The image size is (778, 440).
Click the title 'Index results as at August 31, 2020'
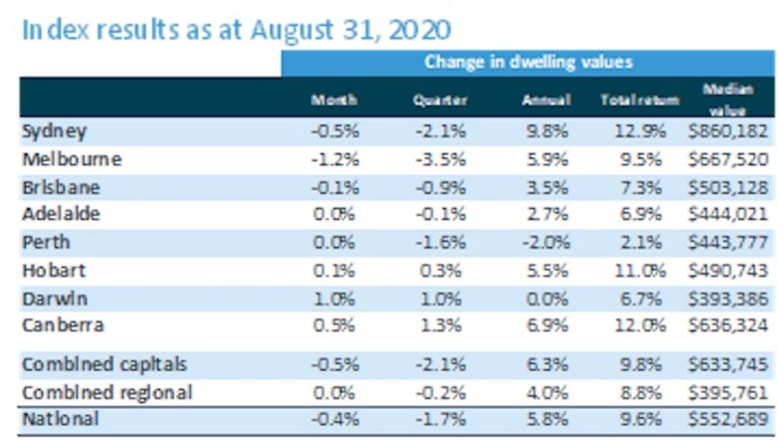236,30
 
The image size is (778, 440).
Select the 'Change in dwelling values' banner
528,62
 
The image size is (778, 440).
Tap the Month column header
334,100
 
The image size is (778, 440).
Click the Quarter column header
440,100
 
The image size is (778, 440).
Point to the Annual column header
546,100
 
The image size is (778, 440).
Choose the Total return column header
633,100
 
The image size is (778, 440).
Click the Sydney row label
54,131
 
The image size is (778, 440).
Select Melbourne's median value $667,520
730,160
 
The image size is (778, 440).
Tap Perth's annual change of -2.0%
546,243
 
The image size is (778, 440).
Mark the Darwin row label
54,298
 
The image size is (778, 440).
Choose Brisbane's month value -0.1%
334,188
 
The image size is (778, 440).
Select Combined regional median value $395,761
730,393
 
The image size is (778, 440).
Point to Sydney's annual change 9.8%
546,131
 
